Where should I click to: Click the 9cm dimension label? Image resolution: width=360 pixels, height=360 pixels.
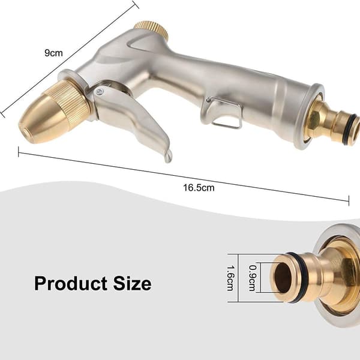point(53,53)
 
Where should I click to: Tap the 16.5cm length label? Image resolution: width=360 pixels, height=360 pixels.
point(199,188)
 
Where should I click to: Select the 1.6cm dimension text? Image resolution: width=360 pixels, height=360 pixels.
point(230,278)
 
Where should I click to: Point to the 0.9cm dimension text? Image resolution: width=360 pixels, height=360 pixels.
point(253,278)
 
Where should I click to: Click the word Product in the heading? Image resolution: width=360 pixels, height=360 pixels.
point(71,284)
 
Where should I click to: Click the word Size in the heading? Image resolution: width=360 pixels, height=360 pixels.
point(132,284)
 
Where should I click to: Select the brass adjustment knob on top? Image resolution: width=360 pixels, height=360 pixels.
point(152,29)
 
